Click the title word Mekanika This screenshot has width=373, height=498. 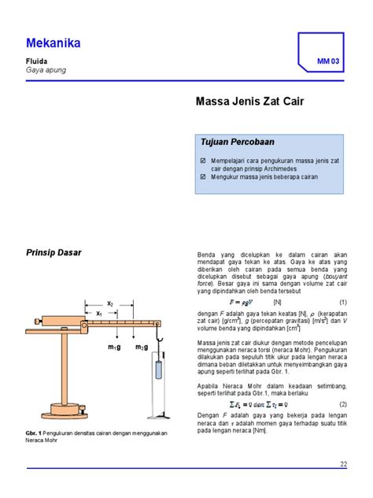pos(53,43)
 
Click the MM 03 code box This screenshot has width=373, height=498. pos(327,61)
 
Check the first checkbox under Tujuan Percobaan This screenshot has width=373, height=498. pos(204,160)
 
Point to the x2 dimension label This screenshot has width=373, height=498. pos(111,303)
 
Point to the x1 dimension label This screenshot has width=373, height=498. pos(99,313)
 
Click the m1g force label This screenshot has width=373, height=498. pos(116,347)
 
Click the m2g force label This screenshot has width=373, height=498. pos(142,347)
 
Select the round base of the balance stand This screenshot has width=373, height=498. pos(66,411)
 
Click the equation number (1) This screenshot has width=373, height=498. pos(343,302)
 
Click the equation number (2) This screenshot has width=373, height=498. pos(343,405)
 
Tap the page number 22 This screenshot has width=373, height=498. pos(343,463)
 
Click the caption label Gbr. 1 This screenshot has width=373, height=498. pos(37,434)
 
